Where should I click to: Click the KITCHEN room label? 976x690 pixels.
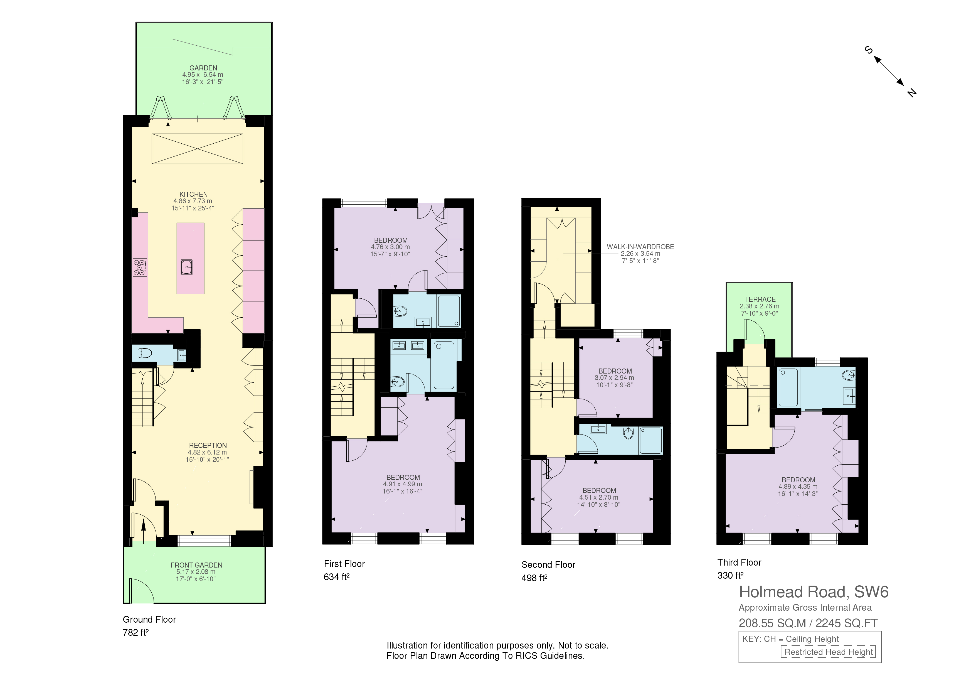193,194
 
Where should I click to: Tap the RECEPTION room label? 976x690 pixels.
208,446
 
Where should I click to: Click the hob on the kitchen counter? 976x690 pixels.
140,267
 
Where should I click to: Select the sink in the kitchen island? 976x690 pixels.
187,267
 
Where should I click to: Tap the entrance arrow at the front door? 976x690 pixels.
143,531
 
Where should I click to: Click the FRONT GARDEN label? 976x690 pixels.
196,565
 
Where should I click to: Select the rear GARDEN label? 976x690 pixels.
203,68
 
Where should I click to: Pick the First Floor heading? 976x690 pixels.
344,564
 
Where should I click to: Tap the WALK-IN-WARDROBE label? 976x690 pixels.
640,247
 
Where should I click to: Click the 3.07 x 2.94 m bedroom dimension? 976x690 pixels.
614,377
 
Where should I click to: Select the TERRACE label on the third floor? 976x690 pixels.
760,299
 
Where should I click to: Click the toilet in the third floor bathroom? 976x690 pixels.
849,375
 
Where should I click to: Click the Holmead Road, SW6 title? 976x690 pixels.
814,592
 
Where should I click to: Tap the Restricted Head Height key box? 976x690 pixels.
828,652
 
